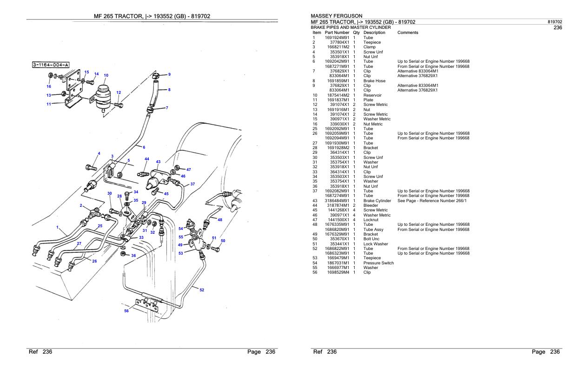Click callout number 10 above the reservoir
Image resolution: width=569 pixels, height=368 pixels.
(106, 75)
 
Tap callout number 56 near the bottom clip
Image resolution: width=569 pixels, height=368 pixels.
(126, 311)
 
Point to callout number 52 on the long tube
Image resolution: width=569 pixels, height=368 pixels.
(202, 290)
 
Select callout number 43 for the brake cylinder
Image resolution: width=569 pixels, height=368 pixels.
(158, 162)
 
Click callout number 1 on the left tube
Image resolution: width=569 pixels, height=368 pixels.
(58, 227)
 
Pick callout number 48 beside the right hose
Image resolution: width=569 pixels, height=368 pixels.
(220, 220)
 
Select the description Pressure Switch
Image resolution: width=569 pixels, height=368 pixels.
(378, 263)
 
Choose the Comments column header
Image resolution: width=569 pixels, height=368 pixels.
(408, 33)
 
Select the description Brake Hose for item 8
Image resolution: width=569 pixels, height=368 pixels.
(374, 80)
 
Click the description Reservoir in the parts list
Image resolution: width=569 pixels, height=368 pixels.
(372, 95)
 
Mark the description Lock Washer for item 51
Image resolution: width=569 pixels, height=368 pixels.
(375, 244)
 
